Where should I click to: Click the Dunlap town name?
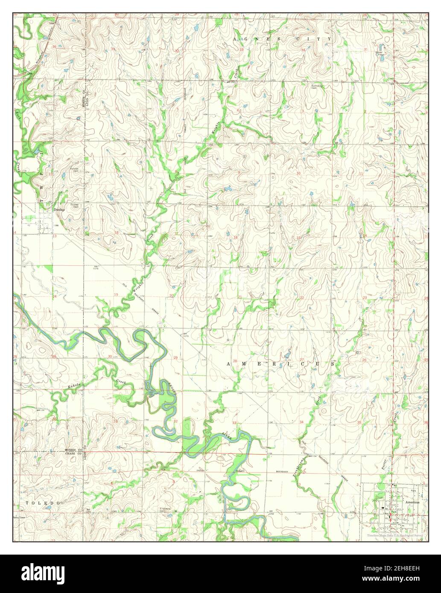[x=58, y=210]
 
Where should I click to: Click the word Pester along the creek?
[x=383, y=464]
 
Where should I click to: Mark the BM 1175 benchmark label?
[x=96, y=268]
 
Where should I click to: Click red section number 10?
[x=298, y=173]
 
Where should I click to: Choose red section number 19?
[x=116, y=295]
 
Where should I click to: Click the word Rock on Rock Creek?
[x=18, y=114]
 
